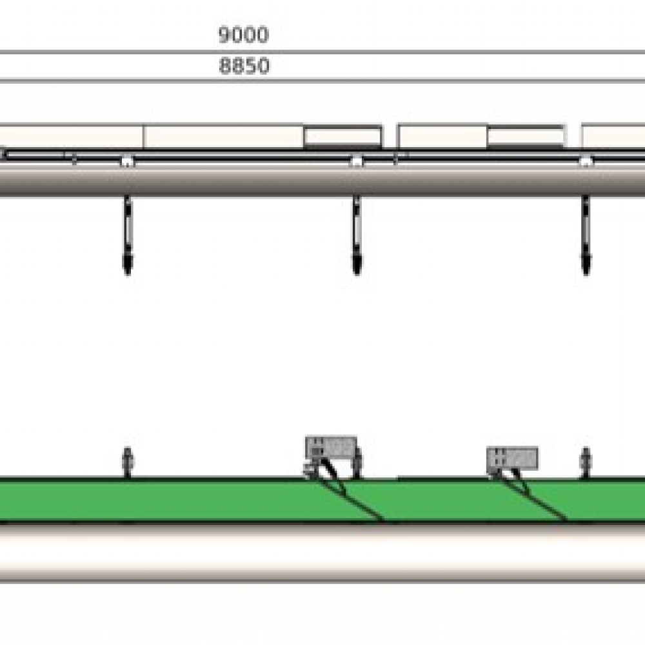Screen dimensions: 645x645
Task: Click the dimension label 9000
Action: click(x=243, y=35)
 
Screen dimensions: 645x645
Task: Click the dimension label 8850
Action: click(x=244, y=66)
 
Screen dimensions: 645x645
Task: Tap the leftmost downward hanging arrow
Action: click(x=128, y=235)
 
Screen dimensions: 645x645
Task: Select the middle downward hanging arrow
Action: click(x=356, y=235)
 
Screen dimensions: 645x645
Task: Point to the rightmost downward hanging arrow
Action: click(x=586, y=235)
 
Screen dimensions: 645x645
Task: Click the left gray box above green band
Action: click(x=331, y=446)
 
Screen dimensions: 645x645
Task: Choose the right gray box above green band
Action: click(x=512, y=458)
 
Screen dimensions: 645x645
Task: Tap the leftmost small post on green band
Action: click(x=127, y=462)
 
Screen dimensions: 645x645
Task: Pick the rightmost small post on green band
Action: click(x=586, y=462)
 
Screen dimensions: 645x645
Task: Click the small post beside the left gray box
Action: click(x=359, y=463)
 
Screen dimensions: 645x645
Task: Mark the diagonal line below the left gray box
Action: click(x=352, y=497)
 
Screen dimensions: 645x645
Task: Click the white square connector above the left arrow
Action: click(x=128, y=161)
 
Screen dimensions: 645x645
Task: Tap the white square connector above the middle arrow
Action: click(x=356, y=161)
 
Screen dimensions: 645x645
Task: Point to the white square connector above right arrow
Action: click(x=586, y=161)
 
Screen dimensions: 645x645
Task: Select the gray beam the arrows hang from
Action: click(x=258, y=181)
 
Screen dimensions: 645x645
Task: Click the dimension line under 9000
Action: click(x=322, y=52)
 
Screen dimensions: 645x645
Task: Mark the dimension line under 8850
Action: click(x=322, y=80)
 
